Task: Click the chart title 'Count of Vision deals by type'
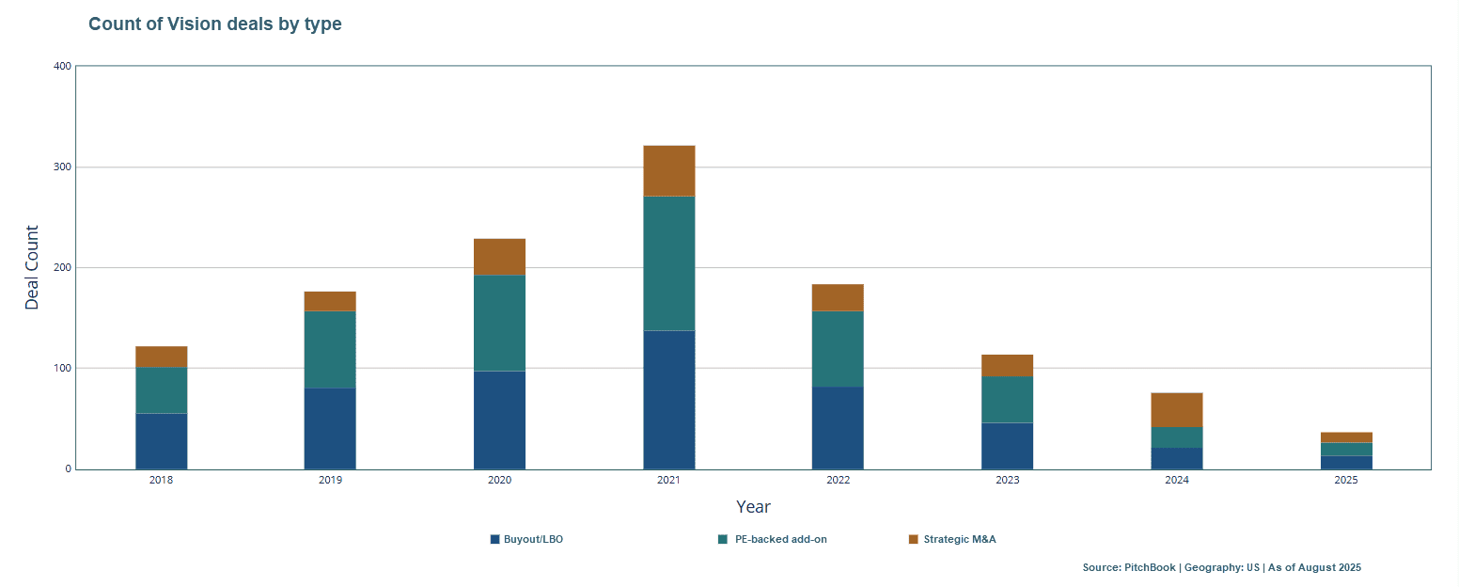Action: [214, 24]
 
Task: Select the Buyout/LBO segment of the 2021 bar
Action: [668, 400]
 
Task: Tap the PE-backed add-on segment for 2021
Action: [668, 263]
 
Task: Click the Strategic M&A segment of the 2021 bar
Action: [668, 171]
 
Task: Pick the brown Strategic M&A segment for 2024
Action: [1176, 410]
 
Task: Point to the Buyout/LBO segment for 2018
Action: [161, 441]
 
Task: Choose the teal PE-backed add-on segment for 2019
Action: [330, 350]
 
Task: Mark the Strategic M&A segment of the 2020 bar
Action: [499, 257]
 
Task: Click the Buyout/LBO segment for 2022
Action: [838, 428]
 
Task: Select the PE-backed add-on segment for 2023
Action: [1007, 400]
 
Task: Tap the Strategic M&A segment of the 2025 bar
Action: [1345, 437]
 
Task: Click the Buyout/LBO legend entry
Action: [526, 540]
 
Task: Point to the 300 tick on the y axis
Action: [62, 167]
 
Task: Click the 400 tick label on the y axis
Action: [62, 66]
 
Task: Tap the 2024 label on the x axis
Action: [1176, 480]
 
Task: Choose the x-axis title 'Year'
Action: [753, 507]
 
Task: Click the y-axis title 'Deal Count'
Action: [33, 268]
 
